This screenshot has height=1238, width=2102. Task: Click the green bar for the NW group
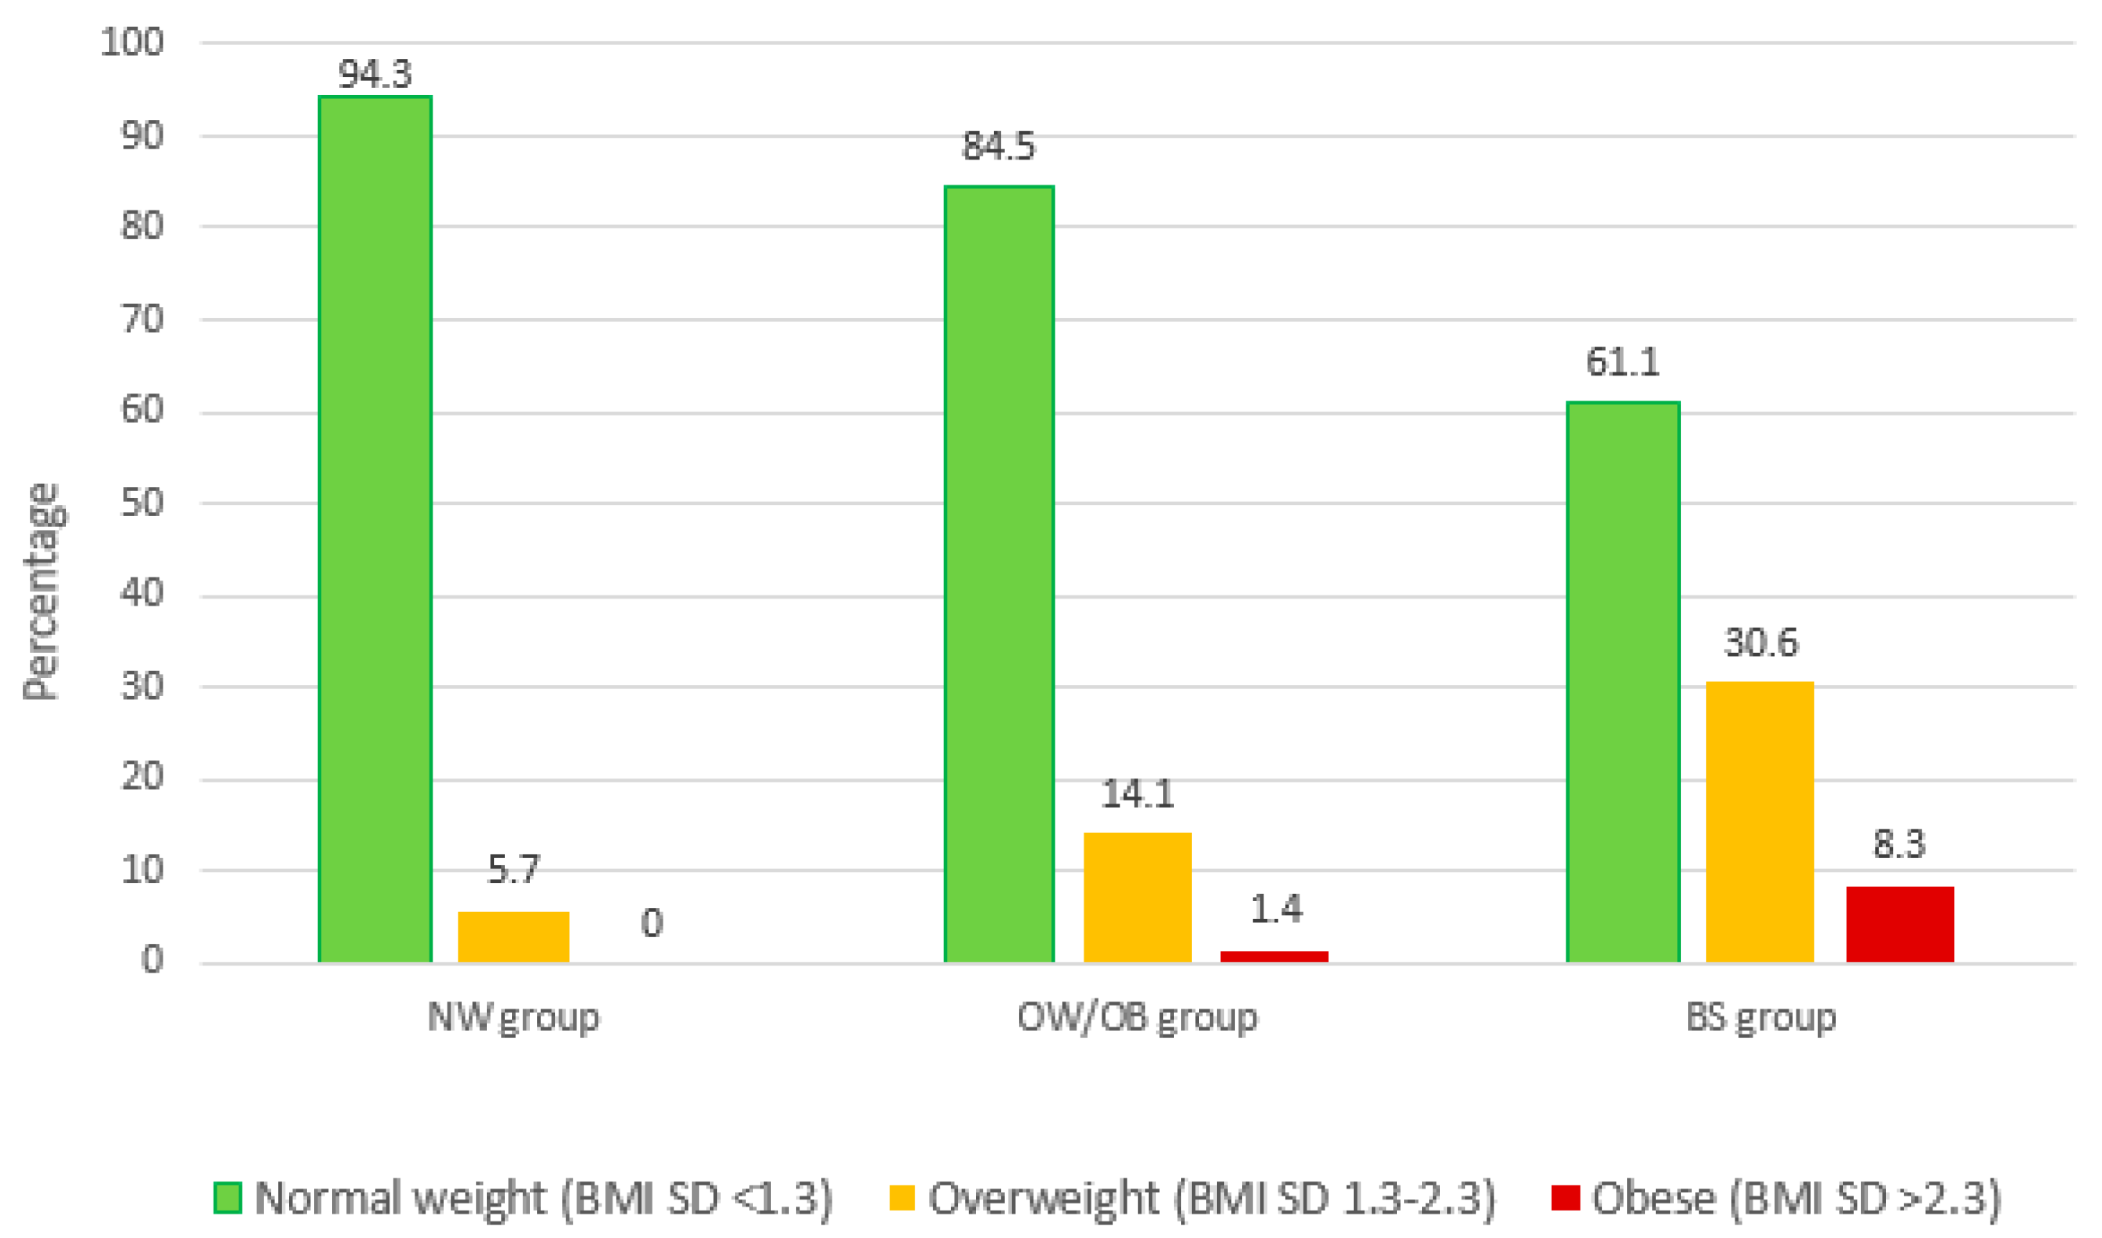(x=375, y=529)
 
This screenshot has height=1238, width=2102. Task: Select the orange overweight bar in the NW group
(x=513, y=937)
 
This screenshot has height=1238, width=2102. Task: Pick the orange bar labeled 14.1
(x=1137, y=898)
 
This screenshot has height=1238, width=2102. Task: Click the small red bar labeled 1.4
(x=1274, y=957)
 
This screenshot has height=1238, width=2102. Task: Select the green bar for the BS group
(x=1622, y=683)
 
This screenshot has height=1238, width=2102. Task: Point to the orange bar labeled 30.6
(x=1760, y=822)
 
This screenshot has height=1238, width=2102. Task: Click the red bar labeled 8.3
(x=1899, y=925)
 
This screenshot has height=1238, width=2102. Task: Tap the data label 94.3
(x=375, y=75)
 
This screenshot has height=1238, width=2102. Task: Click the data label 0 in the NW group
(x=652, y=923)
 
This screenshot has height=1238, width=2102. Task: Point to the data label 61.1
(x=1622, y=362)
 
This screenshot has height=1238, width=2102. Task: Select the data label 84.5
(x=999, y=146)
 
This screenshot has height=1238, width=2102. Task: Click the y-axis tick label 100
(x=132, y=42)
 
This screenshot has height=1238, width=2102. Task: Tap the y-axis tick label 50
(x=142, y=503)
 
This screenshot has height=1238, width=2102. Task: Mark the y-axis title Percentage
(x=42, y=592)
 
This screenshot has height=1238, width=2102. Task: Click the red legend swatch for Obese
(x=1565, y=1198)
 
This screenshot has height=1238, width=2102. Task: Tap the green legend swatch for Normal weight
(x=228, y=1198)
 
